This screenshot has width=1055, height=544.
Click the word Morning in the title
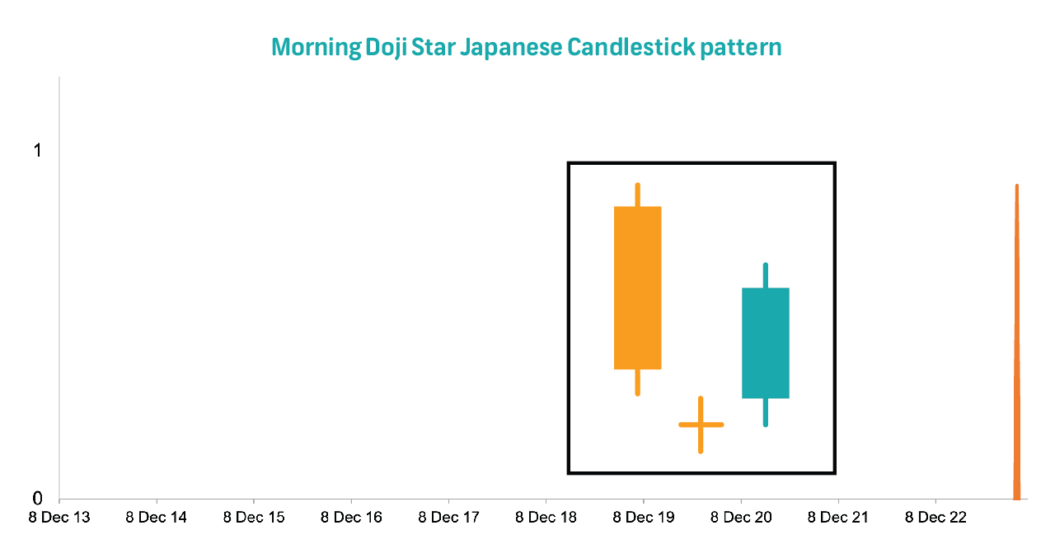[x=316, y=48]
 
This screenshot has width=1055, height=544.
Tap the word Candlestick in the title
[x=631, y=47]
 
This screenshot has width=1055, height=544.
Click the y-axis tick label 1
[x=38, y=151]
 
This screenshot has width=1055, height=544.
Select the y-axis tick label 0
[x=37, y=498]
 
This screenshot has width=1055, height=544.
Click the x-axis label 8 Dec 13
[x=59, y=517]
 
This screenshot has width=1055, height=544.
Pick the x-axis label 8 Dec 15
[x=254, y=517]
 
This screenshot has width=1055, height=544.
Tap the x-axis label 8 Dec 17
[x=449, y=517]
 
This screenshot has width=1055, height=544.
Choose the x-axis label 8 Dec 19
[x=644, y=517]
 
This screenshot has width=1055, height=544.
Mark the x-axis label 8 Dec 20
[x=741, y=517]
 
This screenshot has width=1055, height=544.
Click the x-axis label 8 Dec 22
[x=935, y=517]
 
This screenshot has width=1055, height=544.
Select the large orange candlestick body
[x=638, y=288]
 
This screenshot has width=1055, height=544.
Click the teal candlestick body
[x=766, y=343]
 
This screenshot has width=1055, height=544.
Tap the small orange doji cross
[x=701, y=424]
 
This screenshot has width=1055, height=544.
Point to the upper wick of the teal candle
[x=766, y=275]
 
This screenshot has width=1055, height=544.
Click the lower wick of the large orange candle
[x=638, y=382]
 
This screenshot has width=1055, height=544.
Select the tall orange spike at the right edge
[x=1017, y=342]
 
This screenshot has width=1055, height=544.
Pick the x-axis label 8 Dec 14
[x=157, y=517]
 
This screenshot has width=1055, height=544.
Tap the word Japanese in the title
[x=511, y=48]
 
